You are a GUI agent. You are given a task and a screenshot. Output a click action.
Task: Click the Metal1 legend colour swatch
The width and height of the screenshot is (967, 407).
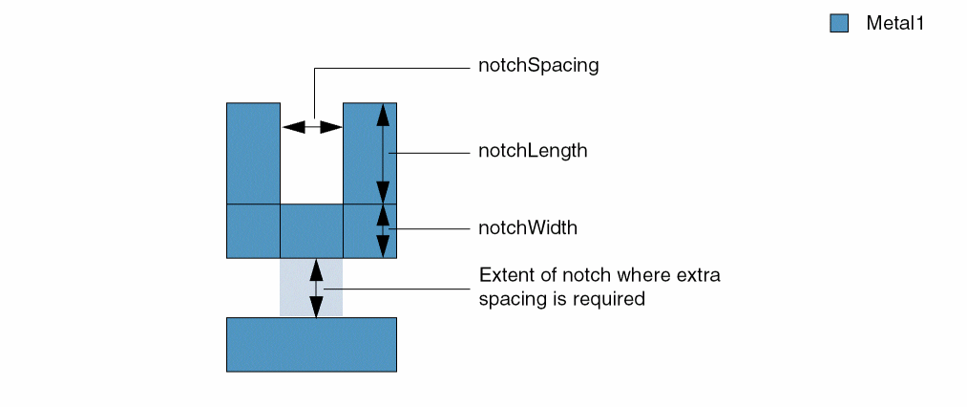[x=839, y=24]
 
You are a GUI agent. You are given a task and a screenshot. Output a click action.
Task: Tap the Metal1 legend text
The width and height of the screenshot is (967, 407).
[x=895, y=24]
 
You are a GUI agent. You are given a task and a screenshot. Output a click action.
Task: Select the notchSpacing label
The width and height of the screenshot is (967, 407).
[x=538, y=67]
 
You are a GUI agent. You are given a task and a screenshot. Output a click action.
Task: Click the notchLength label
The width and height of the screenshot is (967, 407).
[x=533, y=152]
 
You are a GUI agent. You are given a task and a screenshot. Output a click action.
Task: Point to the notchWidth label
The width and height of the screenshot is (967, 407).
[x=528, y=228]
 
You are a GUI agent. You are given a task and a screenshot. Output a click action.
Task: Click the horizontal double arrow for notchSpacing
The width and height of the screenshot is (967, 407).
[x=312, y=126]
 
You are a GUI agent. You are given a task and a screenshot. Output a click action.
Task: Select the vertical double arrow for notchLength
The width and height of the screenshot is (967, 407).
[x=383, y=152]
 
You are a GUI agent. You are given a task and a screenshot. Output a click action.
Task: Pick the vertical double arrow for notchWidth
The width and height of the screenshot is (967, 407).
[x=383, y=230]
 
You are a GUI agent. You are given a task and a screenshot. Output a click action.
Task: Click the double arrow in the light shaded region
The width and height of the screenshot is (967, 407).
[x=316, y=288]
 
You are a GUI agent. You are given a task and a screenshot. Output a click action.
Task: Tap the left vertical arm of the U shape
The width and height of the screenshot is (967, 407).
[x=253, y=153]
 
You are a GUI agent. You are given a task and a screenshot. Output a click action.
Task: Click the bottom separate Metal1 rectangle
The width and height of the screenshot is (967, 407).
[x=311, y=344]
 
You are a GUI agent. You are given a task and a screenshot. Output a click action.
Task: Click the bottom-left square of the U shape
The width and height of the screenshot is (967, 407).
[x=253, y=230]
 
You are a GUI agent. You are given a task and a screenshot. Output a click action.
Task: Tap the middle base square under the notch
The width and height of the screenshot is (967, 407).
[x=311, y=230]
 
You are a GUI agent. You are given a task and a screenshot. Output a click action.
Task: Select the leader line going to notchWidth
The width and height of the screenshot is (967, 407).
[x=430, y=228]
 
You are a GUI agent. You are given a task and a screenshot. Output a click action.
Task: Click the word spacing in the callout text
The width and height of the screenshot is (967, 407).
[x=510, y=299]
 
